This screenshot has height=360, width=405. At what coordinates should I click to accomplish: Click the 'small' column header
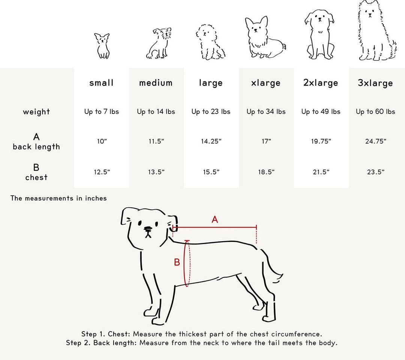pyautogui.click(x=101, y=83)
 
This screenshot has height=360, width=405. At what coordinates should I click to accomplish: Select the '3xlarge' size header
pyautogui.click(x=375, y=83)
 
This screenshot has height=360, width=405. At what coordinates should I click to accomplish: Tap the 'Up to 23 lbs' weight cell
pyautogui.click(x=211, y=112)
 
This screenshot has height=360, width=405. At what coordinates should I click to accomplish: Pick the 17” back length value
pyautogui.click(x=266, y=141)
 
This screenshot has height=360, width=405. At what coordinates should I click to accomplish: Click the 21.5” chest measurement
pyautogui.click(x=321, y=172)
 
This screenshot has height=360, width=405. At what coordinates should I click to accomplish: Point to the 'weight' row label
pyautogui.click(x=36, y=112)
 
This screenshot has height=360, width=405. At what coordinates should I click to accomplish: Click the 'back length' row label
pyautogui.click(x=36, y=147)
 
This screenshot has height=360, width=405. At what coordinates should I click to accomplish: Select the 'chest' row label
pyautogui.click(x=36, y=177)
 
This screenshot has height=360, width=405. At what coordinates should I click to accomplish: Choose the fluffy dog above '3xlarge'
pyautogui.click(x=375, y=32)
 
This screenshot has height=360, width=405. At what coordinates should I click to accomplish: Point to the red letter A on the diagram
pyautogui.click(x=215, y=219)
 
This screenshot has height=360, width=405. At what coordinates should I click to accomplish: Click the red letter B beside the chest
pyautogui.click(x=177, y=262)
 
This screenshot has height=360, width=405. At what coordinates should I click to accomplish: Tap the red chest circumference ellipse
pyautogui.click(x=187, y=263)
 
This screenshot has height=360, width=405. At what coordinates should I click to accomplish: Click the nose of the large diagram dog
pyautogui.click(x=148, y=229)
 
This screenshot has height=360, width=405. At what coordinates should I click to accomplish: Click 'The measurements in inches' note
pyautogui.click(x=58, y=198)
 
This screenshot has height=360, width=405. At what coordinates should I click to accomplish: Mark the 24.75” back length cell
pyautogui.click(x=375, y=141)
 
